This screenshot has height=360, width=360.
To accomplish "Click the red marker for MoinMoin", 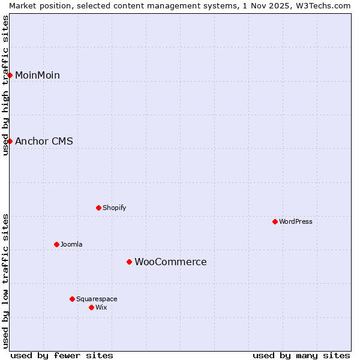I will [10, 75].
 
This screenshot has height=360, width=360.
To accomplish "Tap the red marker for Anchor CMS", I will [10, 141].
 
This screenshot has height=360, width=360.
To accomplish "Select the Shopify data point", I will [98, 208].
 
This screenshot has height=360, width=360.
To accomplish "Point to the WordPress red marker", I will [275, 221].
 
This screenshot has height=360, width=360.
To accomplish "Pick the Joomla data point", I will [56, 244].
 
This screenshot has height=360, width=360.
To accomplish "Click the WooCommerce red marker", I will [129, 262].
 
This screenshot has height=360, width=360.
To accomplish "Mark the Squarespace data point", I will [72, 299].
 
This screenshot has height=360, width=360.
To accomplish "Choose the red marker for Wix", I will [91, 307].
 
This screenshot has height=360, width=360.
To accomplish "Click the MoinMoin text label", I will [37, 75].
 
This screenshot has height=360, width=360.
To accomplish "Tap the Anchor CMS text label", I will [44, 142].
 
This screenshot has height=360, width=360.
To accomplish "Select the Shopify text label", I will [114, 208].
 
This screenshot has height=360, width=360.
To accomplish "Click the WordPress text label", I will [296, 221].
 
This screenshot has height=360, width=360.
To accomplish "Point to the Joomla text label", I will [71, 244].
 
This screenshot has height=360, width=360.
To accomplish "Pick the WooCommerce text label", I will [170, 262].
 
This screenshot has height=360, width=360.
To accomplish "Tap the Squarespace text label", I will [97, 299].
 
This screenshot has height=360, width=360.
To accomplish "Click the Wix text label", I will [101, 307].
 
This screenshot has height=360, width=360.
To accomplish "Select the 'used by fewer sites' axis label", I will [62, 355].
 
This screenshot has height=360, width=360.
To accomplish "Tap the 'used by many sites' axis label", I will [301, 355].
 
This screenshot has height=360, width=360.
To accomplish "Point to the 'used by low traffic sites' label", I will [5, 281].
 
